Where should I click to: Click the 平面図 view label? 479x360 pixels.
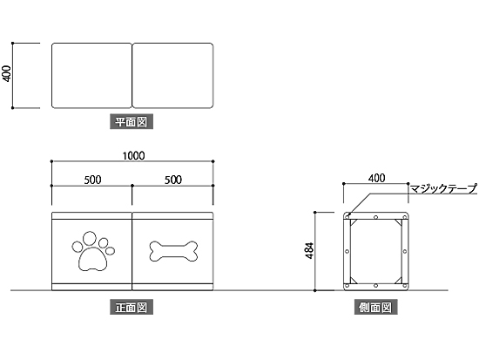[132, 122]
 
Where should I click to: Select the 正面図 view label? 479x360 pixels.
[132, 307]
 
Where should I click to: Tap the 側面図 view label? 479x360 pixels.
[375, 307]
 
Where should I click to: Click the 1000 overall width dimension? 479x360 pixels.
[133, 156]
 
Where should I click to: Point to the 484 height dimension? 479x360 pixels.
[309, 251]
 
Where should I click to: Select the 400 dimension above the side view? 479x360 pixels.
[376, 178]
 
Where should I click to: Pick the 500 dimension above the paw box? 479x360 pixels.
[92, 180]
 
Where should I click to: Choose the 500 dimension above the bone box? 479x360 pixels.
[173, 180]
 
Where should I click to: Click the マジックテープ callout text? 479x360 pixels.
[443, 189]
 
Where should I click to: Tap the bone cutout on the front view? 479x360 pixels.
[173, 251]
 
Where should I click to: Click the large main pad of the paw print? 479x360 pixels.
[93, 260]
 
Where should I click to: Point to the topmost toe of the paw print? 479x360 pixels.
[90, 238]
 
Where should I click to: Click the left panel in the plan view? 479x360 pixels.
[91, 76]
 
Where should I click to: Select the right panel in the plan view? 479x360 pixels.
[172, 76]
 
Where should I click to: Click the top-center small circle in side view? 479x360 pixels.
[375, 217]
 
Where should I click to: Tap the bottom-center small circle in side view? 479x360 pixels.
[375, 286]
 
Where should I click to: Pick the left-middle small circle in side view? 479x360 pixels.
[347, 251]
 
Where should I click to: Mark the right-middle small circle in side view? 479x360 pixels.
[405, 251]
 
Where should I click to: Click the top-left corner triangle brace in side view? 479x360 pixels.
[353, 222]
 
